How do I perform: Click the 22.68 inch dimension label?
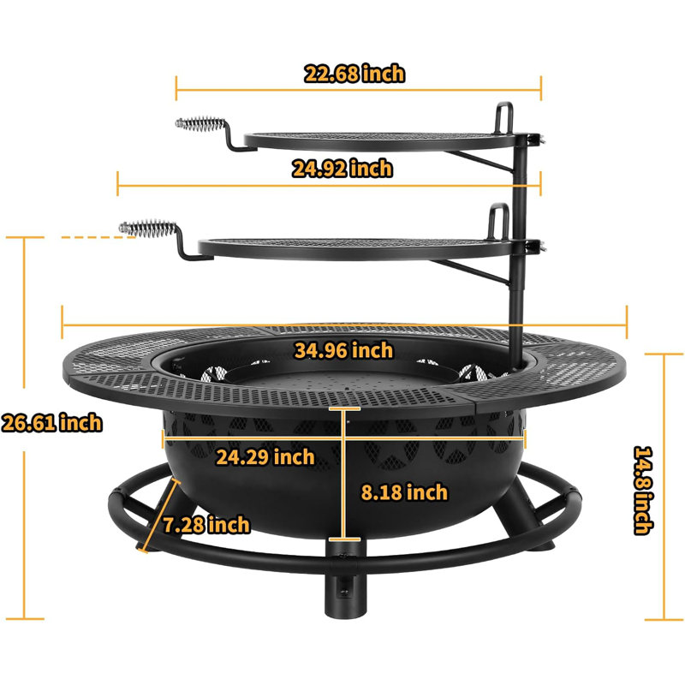[354, 74]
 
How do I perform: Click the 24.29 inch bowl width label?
[265, 456]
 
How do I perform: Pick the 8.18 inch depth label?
[402, 491]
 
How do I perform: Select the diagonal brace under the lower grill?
[479, 276]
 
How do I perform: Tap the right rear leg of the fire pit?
[521, 523]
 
